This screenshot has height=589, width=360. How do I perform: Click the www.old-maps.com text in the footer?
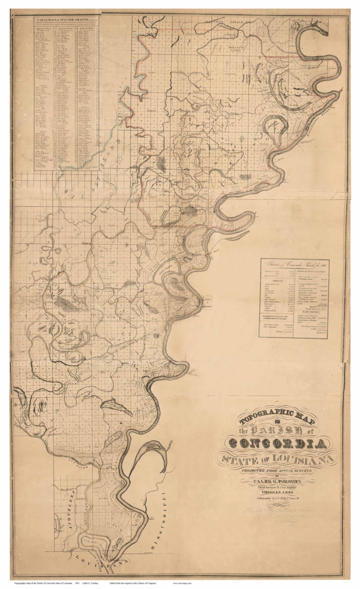click(182, 584)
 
